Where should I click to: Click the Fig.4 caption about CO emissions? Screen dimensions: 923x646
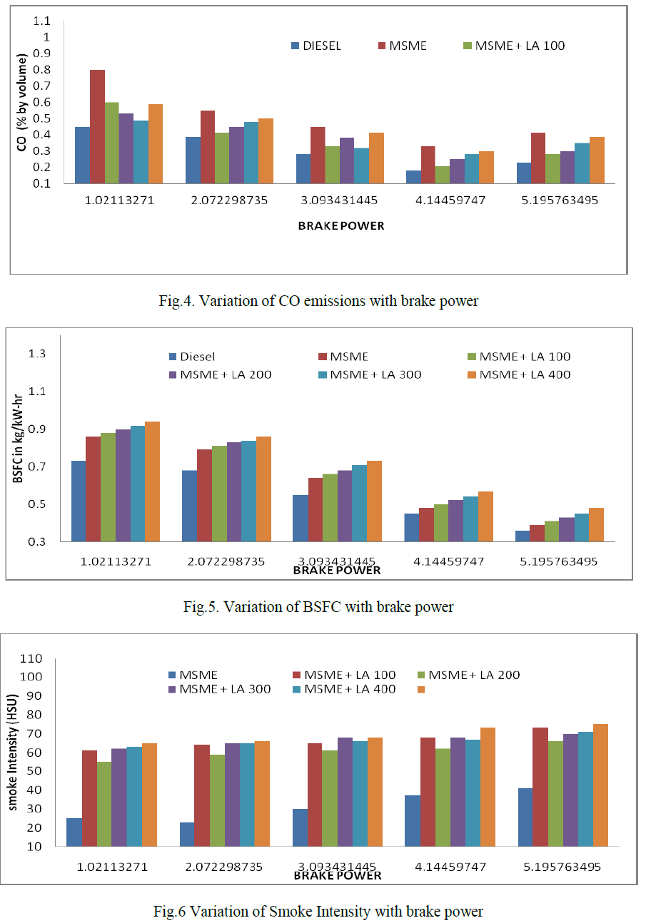click(318, 301)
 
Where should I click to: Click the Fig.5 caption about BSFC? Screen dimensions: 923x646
click(318, 608)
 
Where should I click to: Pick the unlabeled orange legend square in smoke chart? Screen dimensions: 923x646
click(421, 690)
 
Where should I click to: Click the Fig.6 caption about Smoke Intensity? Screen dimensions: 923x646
click(318, 912)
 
